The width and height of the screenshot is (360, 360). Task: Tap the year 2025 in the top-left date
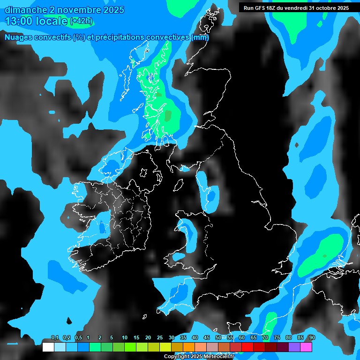coord(111,9)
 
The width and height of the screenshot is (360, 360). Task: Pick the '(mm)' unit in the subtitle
coord(200,37)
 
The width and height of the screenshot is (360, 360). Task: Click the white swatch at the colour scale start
coord(48,347)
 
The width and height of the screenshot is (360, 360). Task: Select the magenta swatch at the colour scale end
coord(306,347)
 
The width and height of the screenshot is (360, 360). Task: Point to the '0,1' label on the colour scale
coord(55,337)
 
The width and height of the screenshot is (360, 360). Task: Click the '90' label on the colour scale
coord(312,337)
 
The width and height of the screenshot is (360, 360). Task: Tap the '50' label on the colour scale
coord(218,337)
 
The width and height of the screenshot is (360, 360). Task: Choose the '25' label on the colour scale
coord(160,337)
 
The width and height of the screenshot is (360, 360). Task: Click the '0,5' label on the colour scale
coord(78,337)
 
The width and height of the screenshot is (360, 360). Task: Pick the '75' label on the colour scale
coord(277,337)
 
